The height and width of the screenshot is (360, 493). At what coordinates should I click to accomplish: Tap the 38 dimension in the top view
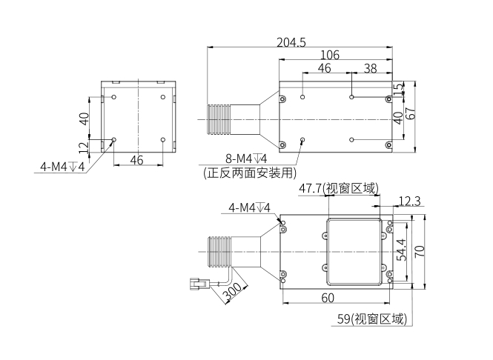point(369,68)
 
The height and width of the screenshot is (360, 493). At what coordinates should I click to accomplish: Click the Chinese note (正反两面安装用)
point(250,173)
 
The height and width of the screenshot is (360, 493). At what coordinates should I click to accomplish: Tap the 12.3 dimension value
point(409,201)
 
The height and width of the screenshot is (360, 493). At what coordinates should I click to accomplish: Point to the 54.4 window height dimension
point(401,250)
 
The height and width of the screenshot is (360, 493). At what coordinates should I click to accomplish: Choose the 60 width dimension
point(328,298)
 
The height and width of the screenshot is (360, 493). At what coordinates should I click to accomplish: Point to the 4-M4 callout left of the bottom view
point(249,208)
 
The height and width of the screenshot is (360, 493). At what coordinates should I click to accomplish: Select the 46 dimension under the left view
point(136,159)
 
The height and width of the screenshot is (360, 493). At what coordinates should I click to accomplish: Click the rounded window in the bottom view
point(354,252)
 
